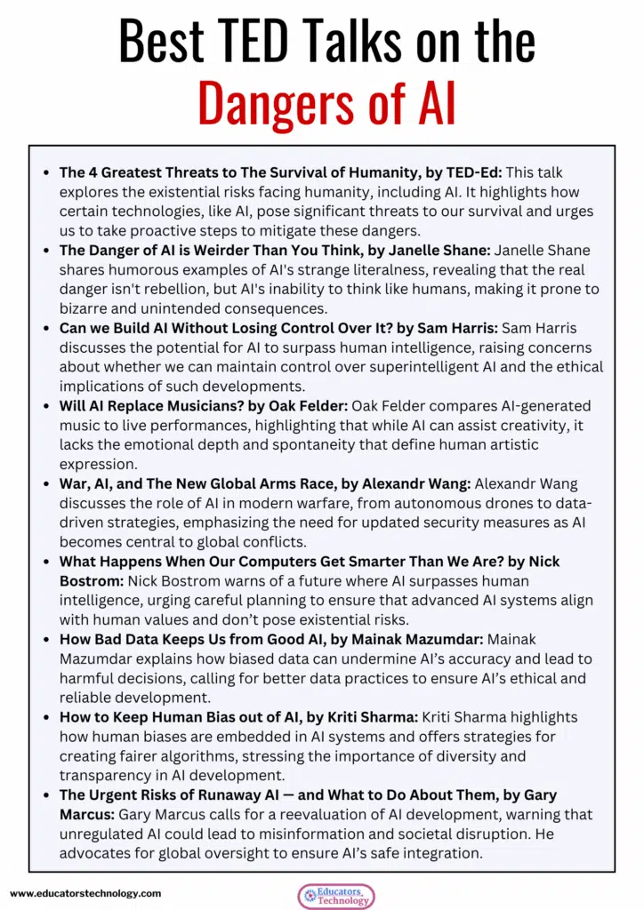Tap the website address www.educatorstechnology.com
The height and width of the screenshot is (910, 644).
(x=85, y=892)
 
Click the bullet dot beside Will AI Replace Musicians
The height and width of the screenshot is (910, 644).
(x=45, y=406)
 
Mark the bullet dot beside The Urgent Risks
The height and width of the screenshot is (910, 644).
(x=45, y=795)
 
